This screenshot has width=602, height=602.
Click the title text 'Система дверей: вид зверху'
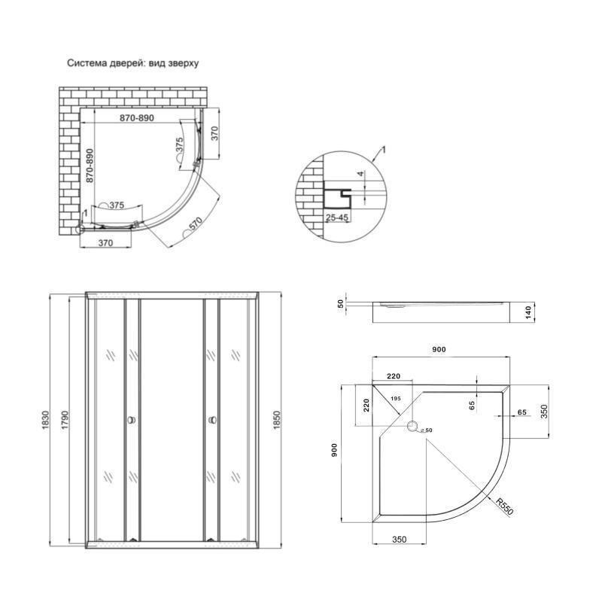click(x=133, y=64)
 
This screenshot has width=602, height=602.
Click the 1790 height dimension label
click(x=65, y=419)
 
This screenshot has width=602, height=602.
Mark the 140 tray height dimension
click(x=529, y=312)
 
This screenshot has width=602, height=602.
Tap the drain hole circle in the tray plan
click(x=413, y=428)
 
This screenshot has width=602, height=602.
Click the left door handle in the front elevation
click(x=132, y=421)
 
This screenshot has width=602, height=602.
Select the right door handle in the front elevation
click(x=210, y=421)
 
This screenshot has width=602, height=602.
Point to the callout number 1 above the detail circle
click(x=385, y=150)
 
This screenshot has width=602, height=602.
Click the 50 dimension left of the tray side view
click(x=340, y=303)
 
